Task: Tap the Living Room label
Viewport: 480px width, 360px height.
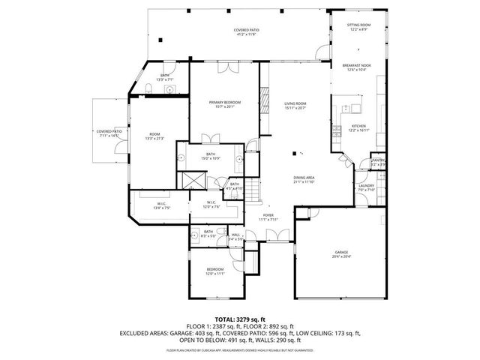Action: pyautogui.click(x=295, y=105)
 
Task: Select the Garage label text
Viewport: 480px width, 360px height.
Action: pyautogui.click(x=342, y=254)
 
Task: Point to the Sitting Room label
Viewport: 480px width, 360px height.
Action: pyautogui.click(x=358, y=27)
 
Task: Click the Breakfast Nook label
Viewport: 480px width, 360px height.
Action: pyautogui.click(x=352, y=68)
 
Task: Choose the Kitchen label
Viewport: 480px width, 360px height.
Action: pyautogui.click(x=359, y=127)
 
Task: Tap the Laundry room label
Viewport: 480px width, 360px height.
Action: pyautogui.click(x=366, y=187)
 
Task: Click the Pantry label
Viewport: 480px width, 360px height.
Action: pyautogui.click(x=378, y=162)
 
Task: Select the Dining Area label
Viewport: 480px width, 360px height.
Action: pyautogui.click(x=304, y=179)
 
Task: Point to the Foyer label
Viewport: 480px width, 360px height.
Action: pyautogui.click(x=268, y=217)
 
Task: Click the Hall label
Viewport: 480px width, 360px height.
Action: pyautogui.click(x=235, y=237)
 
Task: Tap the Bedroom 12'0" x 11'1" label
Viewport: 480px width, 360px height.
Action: pyautogui.click(x=215, y=271)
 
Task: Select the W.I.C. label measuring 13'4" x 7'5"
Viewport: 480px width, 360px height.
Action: pyautogui.click(x=161, y=205)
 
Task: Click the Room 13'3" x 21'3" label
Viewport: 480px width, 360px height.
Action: pyautogui.click(x=155, y=136)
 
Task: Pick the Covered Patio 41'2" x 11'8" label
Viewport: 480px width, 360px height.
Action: pyautogui.click(x=246, y=31)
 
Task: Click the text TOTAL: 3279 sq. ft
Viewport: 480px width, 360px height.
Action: pyautogui.click(x=238, y=319)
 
